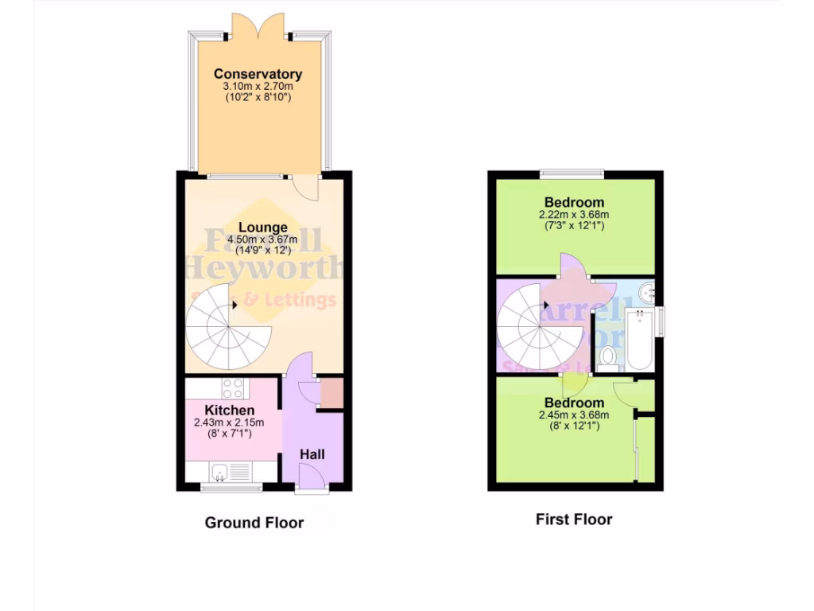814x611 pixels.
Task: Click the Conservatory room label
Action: pyautogui.click(x=258, y=74)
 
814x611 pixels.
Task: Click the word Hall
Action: pyautogui.click(x=312, y=453)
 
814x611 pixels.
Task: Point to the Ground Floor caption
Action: pyautogui.click(x=254, y=523)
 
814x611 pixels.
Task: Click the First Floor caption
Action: pyautogui.click(x=574, y=520)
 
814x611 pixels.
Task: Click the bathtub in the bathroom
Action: pyautogui.click(x=639, y=341)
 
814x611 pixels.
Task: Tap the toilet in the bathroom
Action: pyautogui.click(x=609, y=357)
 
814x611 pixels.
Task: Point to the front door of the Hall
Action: pyautogui.click(x=312, y=480)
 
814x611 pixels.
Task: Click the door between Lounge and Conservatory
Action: pyautogui.click(x=305, y=188)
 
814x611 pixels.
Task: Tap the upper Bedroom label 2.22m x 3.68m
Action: pyautogui.click(x=574, y=214)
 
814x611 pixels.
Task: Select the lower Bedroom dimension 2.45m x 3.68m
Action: pyautogui.click(x=574, y=414)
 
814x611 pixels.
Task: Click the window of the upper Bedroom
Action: pyautogui.click(x=572, y=173)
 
